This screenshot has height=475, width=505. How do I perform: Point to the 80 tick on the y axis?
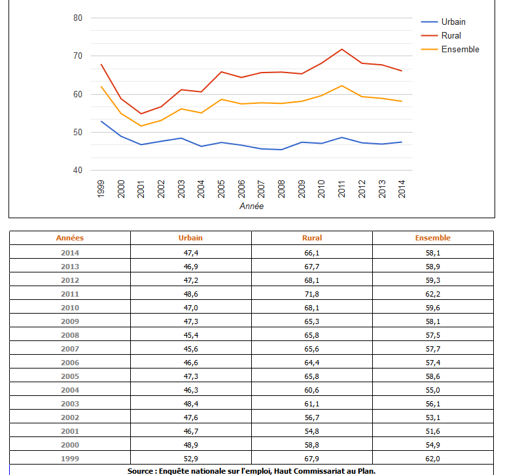[78, 18]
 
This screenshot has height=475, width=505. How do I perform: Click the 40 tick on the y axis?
[78, 170]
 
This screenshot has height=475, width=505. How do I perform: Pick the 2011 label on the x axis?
[341, 189]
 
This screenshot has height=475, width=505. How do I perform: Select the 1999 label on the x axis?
[101, 189]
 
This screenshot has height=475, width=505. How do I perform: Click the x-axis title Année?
[251, 206]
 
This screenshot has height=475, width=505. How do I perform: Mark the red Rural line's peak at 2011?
[341, 49]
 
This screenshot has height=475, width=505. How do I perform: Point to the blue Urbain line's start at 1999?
[101, 121]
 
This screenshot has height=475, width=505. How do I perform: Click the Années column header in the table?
[70, 238]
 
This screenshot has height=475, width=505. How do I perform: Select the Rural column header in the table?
[312, 238]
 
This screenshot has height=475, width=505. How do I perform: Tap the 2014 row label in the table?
[70, 252]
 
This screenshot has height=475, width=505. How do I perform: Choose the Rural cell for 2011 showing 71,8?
[312, 294]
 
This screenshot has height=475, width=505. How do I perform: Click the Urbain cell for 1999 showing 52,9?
[191, 459]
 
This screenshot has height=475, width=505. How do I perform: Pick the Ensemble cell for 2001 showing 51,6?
[433, 431]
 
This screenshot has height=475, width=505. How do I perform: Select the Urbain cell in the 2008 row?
[191, 335]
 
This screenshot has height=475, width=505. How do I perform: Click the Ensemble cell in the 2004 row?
[433, 390]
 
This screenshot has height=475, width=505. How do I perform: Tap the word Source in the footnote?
[140, 470]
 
